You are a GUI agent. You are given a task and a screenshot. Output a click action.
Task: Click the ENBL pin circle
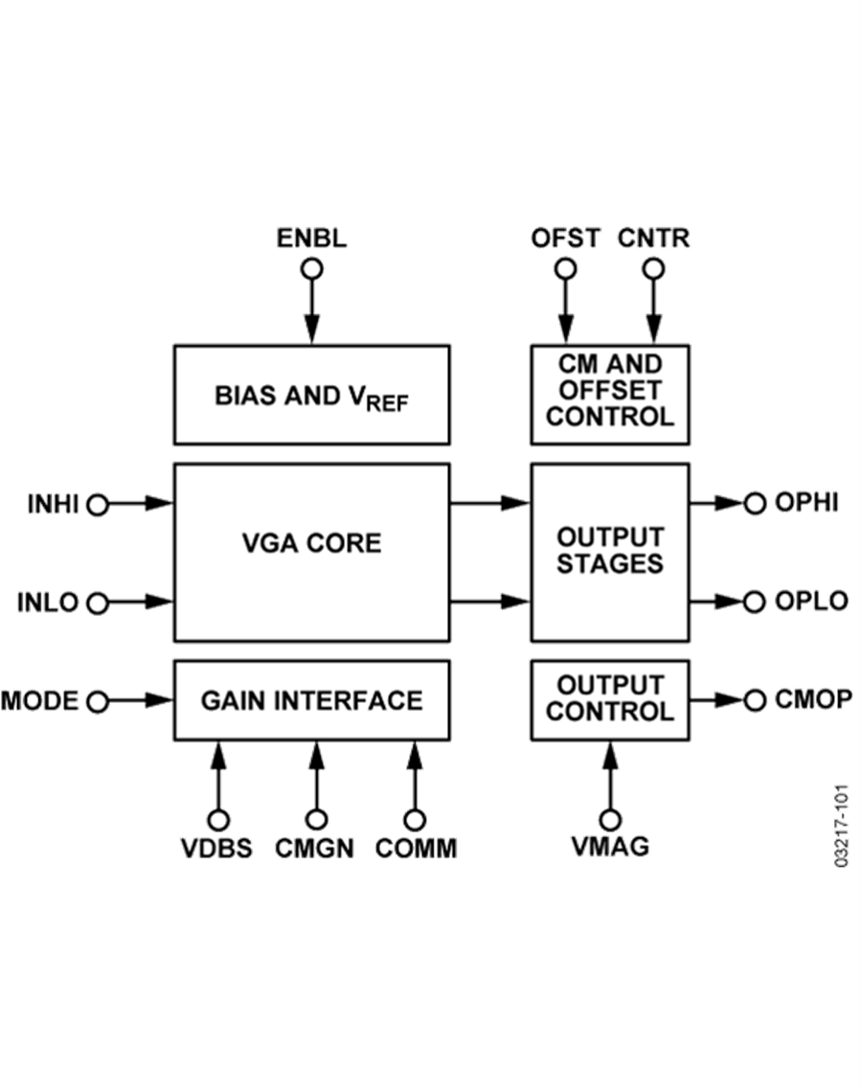311,269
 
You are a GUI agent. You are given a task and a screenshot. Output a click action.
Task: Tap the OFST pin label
565,239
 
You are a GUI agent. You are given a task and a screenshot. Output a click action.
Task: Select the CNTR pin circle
653,269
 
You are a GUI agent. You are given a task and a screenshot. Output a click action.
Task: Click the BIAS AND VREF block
311,396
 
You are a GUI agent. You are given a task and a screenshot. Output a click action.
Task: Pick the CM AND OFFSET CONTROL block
610,394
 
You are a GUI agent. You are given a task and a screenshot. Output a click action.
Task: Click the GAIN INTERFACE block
311,700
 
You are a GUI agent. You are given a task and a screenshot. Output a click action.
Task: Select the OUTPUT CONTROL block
610,700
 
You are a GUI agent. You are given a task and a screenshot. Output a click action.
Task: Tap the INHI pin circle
98,503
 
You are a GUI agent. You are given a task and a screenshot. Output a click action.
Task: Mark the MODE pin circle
98,702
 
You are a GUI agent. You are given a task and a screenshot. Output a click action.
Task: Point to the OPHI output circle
757,503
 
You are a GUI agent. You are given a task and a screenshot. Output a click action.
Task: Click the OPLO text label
812,602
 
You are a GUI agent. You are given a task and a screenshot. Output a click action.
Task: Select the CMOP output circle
757,700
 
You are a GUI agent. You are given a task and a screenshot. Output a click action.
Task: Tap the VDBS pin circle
219,820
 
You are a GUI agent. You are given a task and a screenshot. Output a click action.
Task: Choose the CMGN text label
315,849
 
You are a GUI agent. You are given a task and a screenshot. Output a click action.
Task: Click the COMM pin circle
415,820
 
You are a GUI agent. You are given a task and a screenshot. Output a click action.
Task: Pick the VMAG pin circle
610,820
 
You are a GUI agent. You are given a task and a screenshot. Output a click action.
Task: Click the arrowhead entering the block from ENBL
311,331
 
